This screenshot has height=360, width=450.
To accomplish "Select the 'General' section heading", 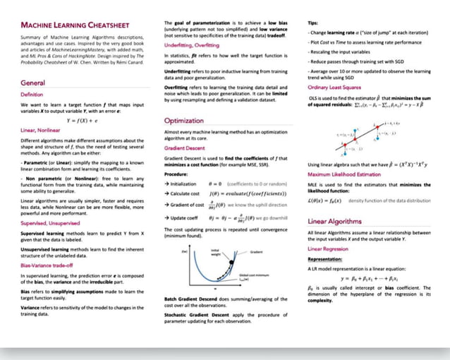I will [33, 83].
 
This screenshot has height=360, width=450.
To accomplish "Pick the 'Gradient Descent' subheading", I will [185, 149].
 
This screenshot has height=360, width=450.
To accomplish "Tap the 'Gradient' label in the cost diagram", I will [256, 252].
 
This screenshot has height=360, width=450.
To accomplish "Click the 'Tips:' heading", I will [315, 23].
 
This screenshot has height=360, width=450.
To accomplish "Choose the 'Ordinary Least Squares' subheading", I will [336, 87].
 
